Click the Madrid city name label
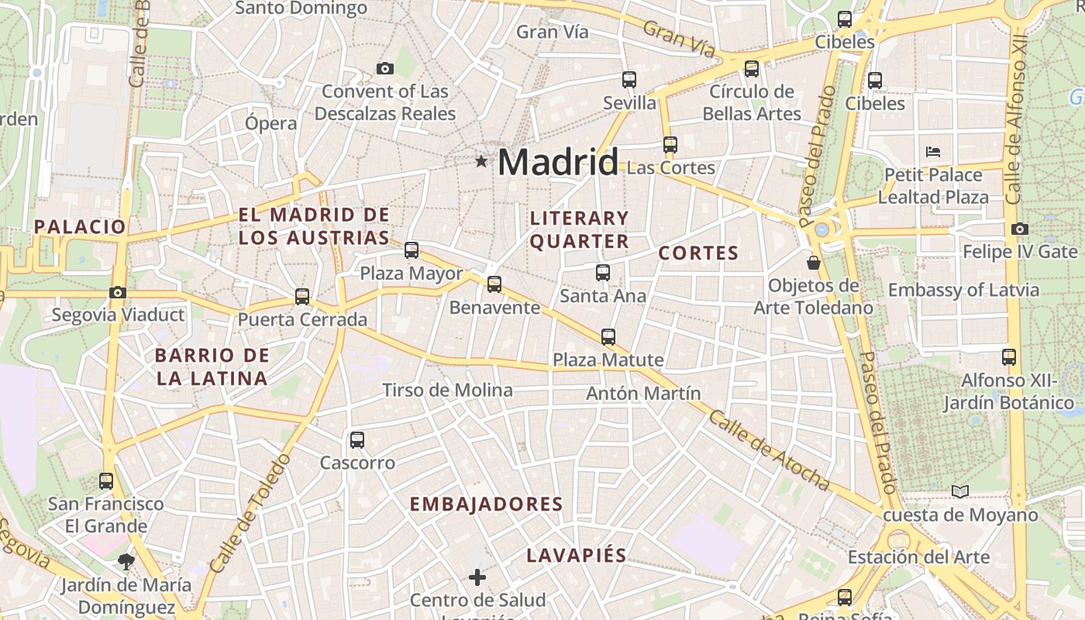(557, 162)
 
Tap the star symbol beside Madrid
(482, 161)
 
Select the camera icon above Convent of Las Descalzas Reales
(385, 69)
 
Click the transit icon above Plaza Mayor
(412, 250)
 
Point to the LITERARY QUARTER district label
(579, 229)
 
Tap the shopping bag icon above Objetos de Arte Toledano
(814, 263)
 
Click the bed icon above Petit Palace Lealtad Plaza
(933, 152)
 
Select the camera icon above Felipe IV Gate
(1020, 229)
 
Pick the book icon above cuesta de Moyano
(960, 491)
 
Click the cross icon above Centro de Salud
(477, 577)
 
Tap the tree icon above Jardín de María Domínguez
(126, 561)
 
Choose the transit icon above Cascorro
(357, 440)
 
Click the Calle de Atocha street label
(769, 450)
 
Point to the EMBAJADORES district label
(486, 505)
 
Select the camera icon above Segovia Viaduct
(118, 292)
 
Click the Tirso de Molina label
(447, 390)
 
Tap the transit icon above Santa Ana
(603, 273)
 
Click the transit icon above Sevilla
(629, 80)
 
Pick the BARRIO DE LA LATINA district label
(212, 367)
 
